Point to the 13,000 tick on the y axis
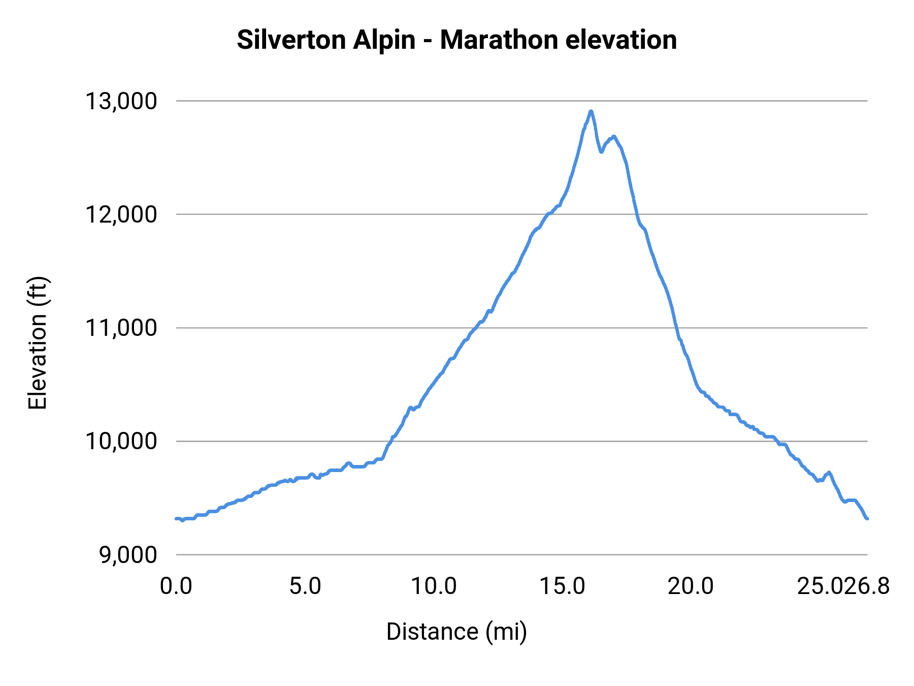point(121,101)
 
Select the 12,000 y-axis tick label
point(121,214)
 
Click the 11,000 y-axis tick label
point(121,328)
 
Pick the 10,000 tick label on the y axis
point(121,441)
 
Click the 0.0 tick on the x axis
point(176,586)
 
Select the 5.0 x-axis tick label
point(305,586)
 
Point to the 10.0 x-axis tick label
point(434,586)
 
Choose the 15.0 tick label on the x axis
point(562,586)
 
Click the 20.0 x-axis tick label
point(691,586)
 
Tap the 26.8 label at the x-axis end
point(868,586)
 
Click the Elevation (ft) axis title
point(38,343)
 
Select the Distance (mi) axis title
point(456,632)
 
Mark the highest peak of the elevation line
point(591,111)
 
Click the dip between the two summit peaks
point(602,151)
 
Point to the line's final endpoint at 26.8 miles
point(867,518)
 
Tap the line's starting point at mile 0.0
point(176,518)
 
